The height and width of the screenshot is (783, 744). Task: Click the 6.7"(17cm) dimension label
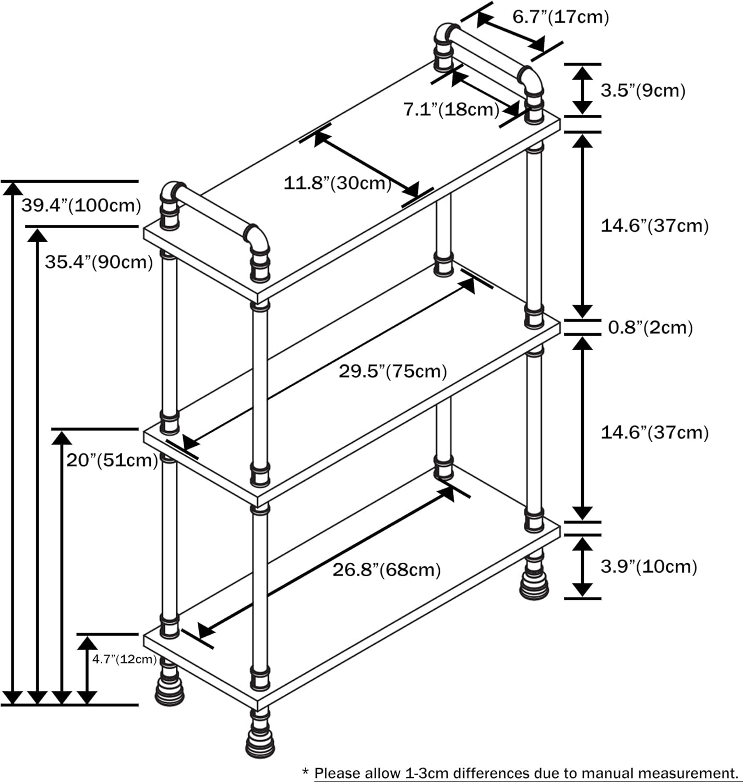point(560,17)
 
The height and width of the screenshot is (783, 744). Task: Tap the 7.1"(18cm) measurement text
point(451,110)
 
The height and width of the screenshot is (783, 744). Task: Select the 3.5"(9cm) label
point(643,90)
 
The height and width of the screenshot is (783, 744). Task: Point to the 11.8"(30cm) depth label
point(337,183)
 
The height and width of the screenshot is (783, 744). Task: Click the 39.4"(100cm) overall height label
point(81,205)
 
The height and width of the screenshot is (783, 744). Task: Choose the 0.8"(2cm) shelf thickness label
point(651,327)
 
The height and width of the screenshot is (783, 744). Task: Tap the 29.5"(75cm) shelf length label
point(393,371)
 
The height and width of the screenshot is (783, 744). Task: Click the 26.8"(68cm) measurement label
point(387,570)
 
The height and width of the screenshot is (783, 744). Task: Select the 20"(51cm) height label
point(112,460)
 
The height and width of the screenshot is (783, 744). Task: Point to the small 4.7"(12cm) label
point(124,659)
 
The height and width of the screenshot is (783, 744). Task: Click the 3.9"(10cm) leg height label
point(649,566)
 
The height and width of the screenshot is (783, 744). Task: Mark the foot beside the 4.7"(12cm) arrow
point(170,686)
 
